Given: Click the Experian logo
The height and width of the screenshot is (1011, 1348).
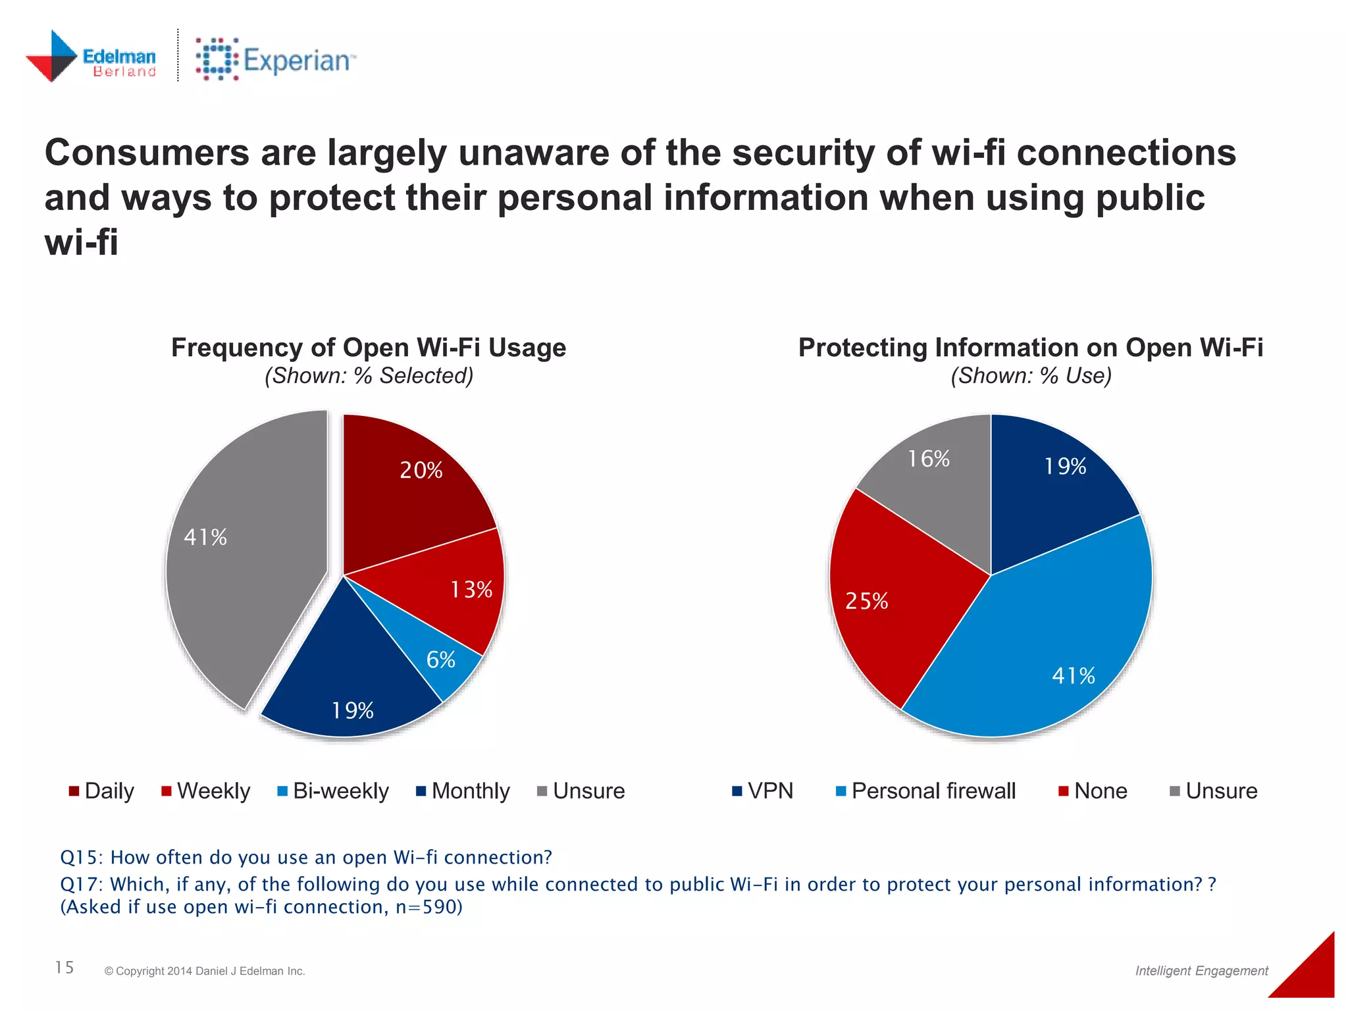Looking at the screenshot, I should (275, 60).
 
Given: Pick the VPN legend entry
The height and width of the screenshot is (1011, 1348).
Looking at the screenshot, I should (763, 791).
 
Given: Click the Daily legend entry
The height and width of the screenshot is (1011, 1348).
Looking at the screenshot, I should (101, 791).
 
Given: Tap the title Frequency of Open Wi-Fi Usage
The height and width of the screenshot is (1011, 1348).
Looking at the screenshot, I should (369, 348).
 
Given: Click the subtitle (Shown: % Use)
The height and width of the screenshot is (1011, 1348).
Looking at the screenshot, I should (1031, 376).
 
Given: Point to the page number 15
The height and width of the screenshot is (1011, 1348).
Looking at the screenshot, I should (65, 968).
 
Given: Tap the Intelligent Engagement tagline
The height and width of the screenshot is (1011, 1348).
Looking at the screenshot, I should (1201, 971).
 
